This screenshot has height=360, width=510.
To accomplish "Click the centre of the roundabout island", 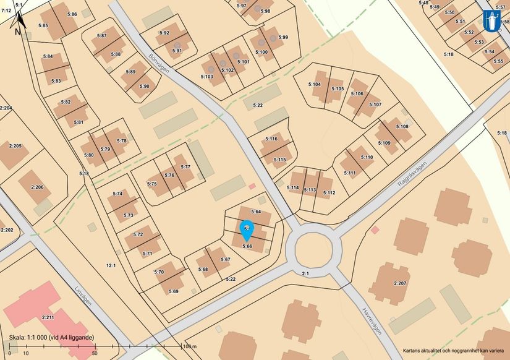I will [317, 249].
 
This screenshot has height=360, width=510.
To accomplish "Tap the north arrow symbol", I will [18, 25].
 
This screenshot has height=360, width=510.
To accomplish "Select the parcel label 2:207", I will [400, 283].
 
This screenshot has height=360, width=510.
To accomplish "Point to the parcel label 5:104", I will [315, 84].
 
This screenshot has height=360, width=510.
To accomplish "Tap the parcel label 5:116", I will [271, 139].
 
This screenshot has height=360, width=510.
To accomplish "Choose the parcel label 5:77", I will [185, 167].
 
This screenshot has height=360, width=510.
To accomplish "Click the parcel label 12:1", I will [111, 265].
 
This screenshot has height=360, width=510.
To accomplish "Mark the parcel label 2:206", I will [38, 187].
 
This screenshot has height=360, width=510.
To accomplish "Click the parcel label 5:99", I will [283, 38].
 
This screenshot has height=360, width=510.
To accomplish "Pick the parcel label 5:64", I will [257, 212].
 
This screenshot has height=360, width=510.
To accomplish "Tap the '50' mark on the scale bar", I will [95, 353].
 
